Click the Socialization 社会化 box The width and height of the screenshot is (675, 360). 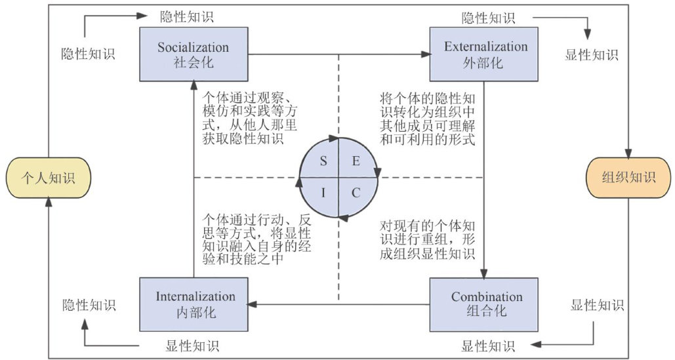pos(193,54)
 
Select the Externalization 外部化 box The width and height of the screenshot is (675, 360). pos(485,54)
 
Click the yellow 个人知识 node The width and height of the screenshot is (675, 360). pos(47,178)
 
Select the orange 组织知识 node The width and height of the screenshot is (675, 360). pos(628,178)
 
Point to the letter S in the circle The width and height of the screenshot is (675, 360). pos(324,162)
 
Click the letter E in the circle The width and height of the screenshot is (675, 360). pos(356,162)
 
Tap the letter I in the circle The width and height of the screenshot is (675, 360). pos(324,193)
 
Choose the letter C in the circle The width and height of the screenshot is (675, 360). pos(356,193)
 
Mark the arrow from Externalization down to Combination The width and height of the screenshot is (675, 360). pos(485,177)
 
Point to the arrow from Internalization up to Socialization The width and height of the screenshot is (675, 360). pos(194,177)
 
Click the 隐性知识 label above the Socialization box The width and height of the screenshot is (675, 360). pos(187,16)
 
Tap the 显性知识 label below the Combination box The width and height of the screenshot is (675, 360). pos(489,346)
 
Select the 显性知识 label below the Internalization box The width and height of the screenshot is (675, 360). pos(192,346)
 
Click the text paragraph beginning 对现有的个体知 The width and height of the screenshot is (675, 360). pos(428,239)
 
